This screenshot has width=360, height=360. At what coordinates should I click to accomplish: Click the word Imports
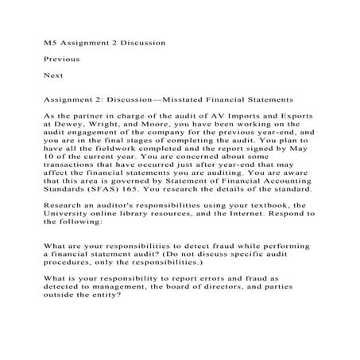click(244, 115)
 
